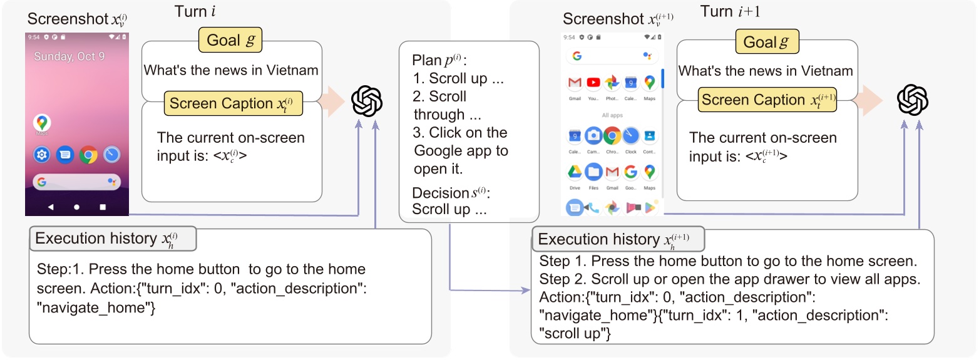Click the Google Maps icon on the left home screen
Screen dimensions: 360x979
[42, 123]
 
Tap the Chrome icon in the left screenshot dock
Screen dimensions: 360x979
[88, 155]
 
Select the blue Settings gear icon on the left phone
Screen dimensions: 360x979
[42, 155]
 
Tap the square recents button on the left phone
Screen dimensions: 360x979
[103, 206]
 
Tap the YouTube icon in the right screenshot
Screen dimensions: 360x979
[593, 83]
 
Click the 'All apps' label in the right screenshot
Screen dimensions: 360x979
[612, 115]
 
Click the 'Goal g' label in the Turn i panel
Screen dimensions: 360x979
[230, 41]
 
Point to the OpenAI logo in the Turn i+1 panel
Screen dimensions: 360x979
[912, 100]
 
